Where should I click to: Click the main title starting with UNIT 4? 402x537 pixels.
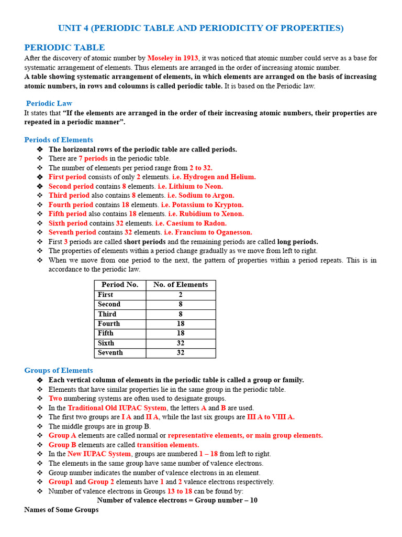click(x=200, y=28)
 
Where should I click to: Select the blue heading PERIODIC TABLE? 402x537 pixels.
click(x=64, y=48)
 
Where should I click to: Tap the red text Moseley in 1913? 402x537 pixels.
click(x=173, y=58)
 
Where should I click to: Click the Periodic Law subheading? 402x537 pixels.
click(x=49, y=103)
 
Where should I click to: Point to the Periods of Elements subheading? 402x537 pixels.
click(x=59, y=140)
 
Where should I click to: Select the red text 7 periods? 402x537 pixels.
click(x=93, y=158)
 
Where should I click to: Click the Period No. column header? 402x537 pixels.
click(x=120, y=285)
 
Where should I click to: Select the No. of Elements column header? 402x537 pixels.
click(x=181, y=285)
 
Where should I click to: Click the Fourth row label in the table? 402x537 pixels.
click(x=109, y=324)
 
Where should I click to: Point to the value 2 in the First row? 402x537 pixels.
click(x=181, y=295)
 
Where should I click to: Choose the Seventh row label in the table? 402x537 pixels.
click(x=110, y=353)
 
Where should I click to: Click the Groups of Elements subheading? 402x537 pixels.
click(x=59, y=371)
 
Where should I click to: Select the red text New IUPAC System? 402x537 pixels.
click(x=99, y=454)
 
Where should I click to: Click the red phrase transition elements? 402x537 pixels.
click(x=164, y=445)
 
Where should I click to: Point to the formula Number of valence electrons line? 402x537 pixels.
click(x=177, y=500)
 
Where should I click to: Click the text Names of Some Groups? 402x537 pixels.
click(x=61, y=510)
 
